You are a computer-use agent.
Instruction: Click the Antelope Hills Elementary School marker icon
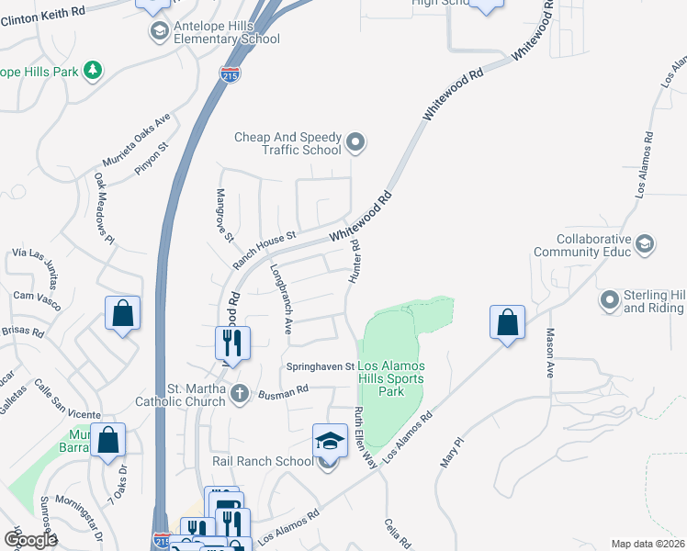[160, 31]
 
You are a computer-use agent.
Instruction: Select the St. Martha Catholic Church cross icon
[240, 394]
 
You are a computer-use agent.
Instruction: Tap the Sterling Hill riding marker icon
[609, 300]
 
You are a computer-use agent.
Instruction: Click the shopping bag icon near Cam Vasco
[122, 314]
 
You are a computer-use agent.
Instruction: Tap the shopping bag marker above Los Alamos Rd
[507, 322]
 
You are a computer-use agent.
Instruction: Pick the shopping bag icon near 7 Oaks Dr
[107, 440]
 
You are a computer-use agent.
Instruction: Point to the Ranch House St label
[264, 249]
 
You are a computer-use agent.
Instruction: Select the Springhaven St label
[321, 365]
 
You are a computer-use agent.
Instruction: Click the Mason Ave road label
[550, 353]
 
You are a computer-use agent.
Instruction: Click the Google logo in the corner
[29, 540]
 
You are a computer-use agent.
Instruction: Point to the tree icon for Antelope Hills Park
[91, 70]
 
